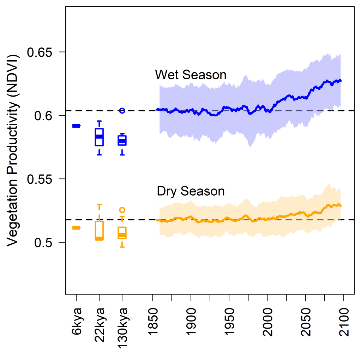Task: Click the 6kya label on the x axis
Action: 76,319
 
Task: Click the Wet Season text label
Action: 191,75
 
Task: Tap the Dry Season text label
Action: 191,191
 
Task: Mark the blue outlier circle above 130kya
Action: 122,111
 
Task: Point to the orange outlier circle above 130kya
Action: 122,210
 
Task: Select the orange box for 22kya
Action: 100,231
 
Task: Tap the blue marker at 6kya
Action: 76,126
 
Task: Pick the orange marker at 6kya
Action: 76,228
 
